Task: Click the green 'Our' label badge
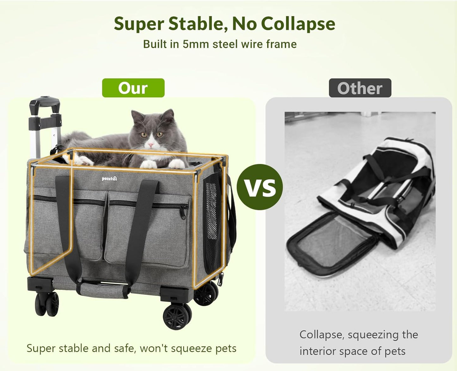pyautogui.click(x=133, y=88)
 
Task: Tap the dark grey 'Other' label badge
pyautogui.click(x=360, y=88)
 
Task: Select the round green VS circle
pyautogui.click(x=260, y=187)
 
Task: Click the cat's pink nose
pyautogui.click(x=151, y=145)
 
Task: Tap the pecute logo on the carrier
pyautogui.click(x=109, y=179)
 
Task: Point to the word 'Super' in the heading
pyautogui.click(x=139, y=24)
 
